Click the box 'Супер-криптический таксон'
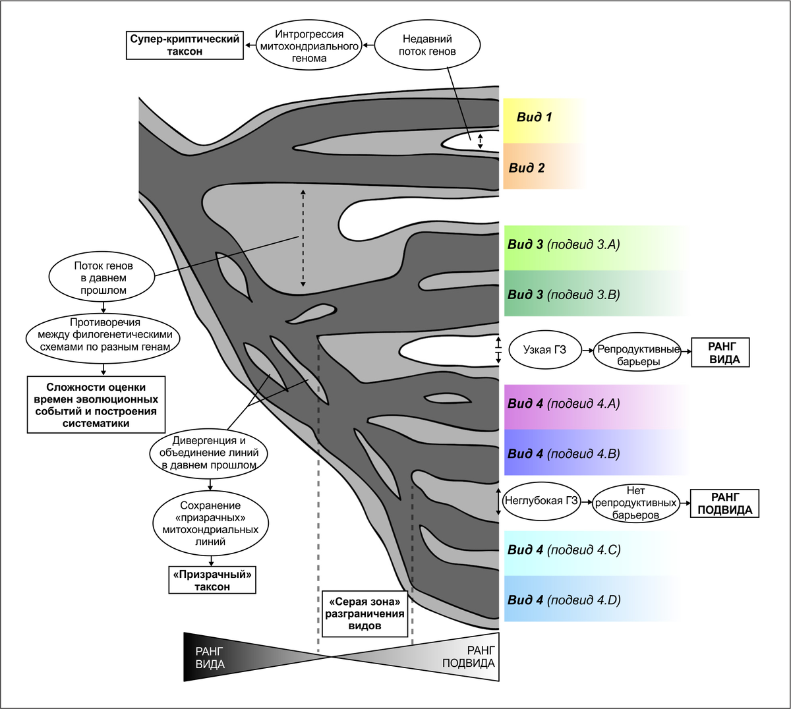tap(185, 45)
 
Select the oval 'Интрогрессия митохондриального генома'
tap(309, 45)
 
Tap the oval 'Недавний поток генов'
tap(427, 45)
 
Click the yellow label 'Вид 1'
tap(535, 118)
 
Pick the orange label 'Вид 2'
tap(527, 168)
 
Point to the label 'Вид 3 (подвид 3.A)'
tap(564, 245)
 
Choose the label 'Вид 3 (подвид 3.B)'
tap(564, 295)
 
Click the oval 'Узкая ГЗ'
tap(544, 350)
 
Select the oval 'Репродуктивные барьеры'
tap(638, 355)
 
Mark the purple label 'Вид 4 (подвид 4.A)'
tap(564, 404)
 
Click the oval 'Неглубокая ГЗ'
tap(541, 501)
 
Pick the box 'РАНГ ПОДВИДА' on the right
tap(724, 503)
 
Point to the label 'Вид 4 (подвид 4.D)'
tap(564, 600)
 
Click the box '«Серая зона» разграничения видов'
tap(365, 614)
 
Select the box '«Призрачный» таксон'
tap(212, 581)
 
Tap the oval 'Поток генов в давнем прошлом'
tap(103, 278)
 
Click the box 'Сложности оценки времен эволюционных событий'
tap(96, 405)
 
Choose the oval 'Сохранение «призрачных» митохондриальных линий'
tap(210, 524)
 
